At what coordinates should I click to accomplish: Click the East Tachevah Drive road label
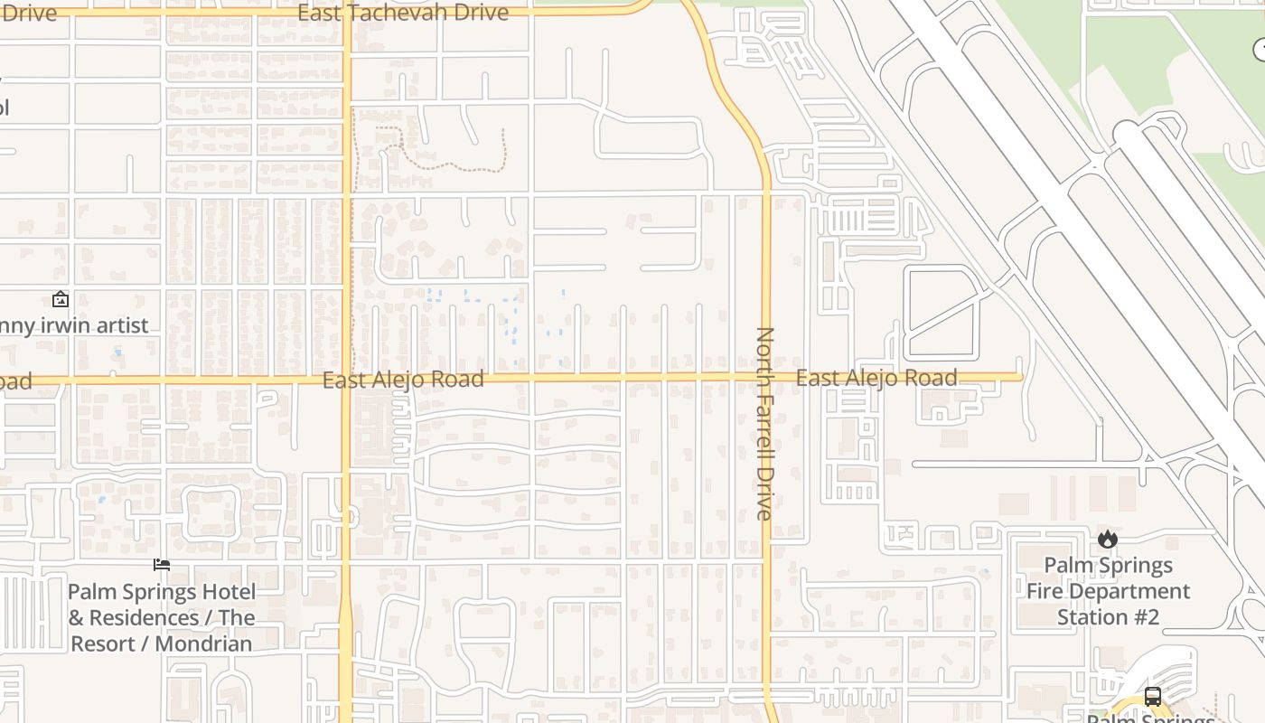(403, 13)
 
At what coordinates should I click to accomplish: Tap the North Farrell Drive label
(764, 424)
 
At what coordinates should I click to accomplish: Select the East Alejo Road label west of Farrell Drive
(403, 380)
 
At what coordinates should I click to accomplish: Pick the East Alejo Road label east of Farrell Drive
(876, 378)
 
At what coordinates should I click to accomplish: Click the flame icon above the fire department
(1108, 540)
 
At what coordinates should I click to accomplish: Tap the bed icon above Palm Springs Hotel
(162, 566)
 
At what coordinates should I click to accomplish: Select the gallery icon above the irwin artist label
(61, 299)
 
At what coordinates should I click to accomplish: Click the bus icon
(1153, 697)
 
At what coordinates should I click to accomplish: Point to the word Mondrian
(203, 644)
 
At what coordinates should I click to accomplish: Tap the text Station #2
(1108, 618)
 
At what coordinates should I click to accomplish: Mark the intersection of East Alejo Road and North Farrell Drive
(766, 377)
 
